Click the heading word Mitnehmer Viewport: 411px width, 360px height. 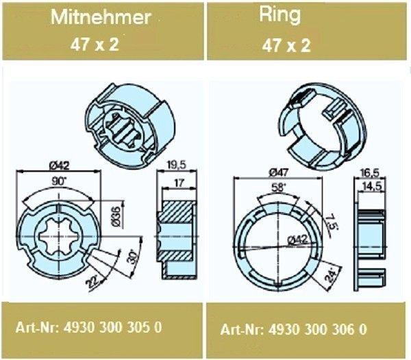(x=101, y=17)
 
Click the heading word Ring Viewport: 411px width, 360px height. (x=279, y=15)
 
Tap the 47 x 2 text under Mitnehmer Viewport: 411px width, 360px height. (x=95, y=44)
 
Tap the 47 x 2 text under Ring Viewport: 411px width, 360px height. (x=286, y=46)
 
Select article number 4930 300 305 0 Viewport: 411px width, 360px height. (x=113, y=327)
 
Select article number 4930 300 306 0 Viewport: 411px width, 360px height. (x=317, y=329)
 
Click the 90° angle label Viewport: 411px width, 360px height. (x=58, y=181)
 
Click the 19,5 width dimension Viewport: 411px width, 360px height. (x=176, y=165)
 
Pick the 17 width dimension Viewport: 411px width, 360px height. (x=179, y=183)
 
